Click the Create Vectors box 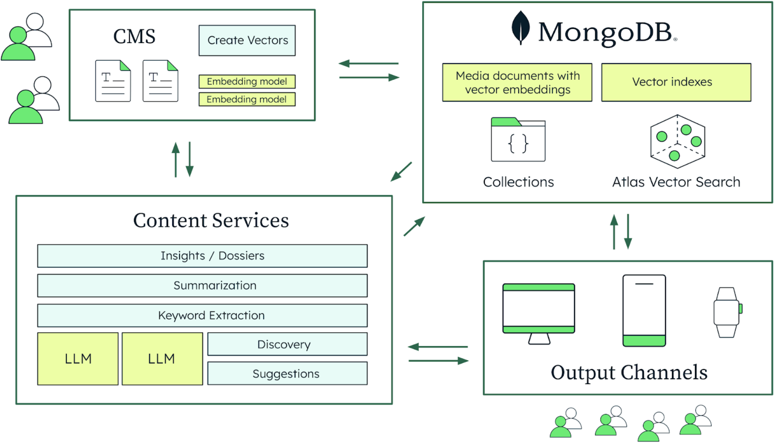click(x=247, y=41)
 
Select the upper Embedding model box click(x=247, y=81)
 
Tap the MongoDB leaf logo click(x=520, y=28)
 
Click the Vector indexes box click(x=676, y=82)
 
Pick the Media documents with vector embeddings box click(x=517, y=82)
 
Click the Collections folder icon click(x=518, y=140)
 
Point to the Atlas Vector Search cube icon click(x=677, y=141)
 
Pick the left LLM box click(x=78, y=359)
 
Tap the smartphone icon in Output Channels click(x=644, y=310)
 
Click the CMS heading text click(x=134, y=36)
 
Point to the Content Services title click(x=211, y=220)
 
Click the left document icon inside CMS click(x=113, y=81)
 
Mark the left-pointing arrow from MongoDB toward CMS click(x=368, y=64)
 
